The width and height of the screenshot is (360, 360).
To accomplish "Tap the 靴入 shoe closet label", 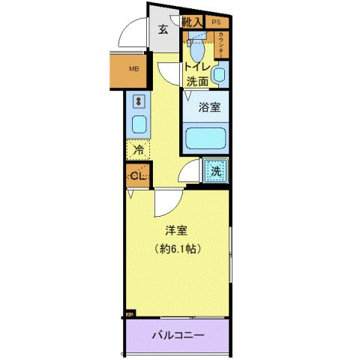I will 192,22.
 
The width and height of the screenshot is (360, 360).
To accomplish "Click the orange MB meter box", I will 133,70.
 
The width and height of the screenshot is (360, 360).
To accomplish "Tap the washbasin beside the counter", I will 219,74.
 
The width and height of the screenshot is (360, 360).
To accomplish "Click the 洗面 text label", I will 196,81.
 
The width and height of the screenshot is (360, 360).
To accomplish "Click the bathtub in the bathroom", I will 208,139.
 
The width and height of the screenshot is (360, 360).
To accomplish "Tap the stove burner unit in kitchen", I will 139,100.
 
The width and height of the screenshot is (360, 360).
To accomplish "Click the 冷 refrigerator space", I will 138,150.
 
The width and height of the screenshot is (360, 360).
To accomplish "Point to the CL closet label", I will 137,176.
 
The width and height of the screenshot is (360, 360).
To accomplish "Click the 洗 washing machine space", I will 215,170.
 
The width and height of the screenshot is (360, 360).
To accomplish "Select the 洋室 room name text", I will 176,230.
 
